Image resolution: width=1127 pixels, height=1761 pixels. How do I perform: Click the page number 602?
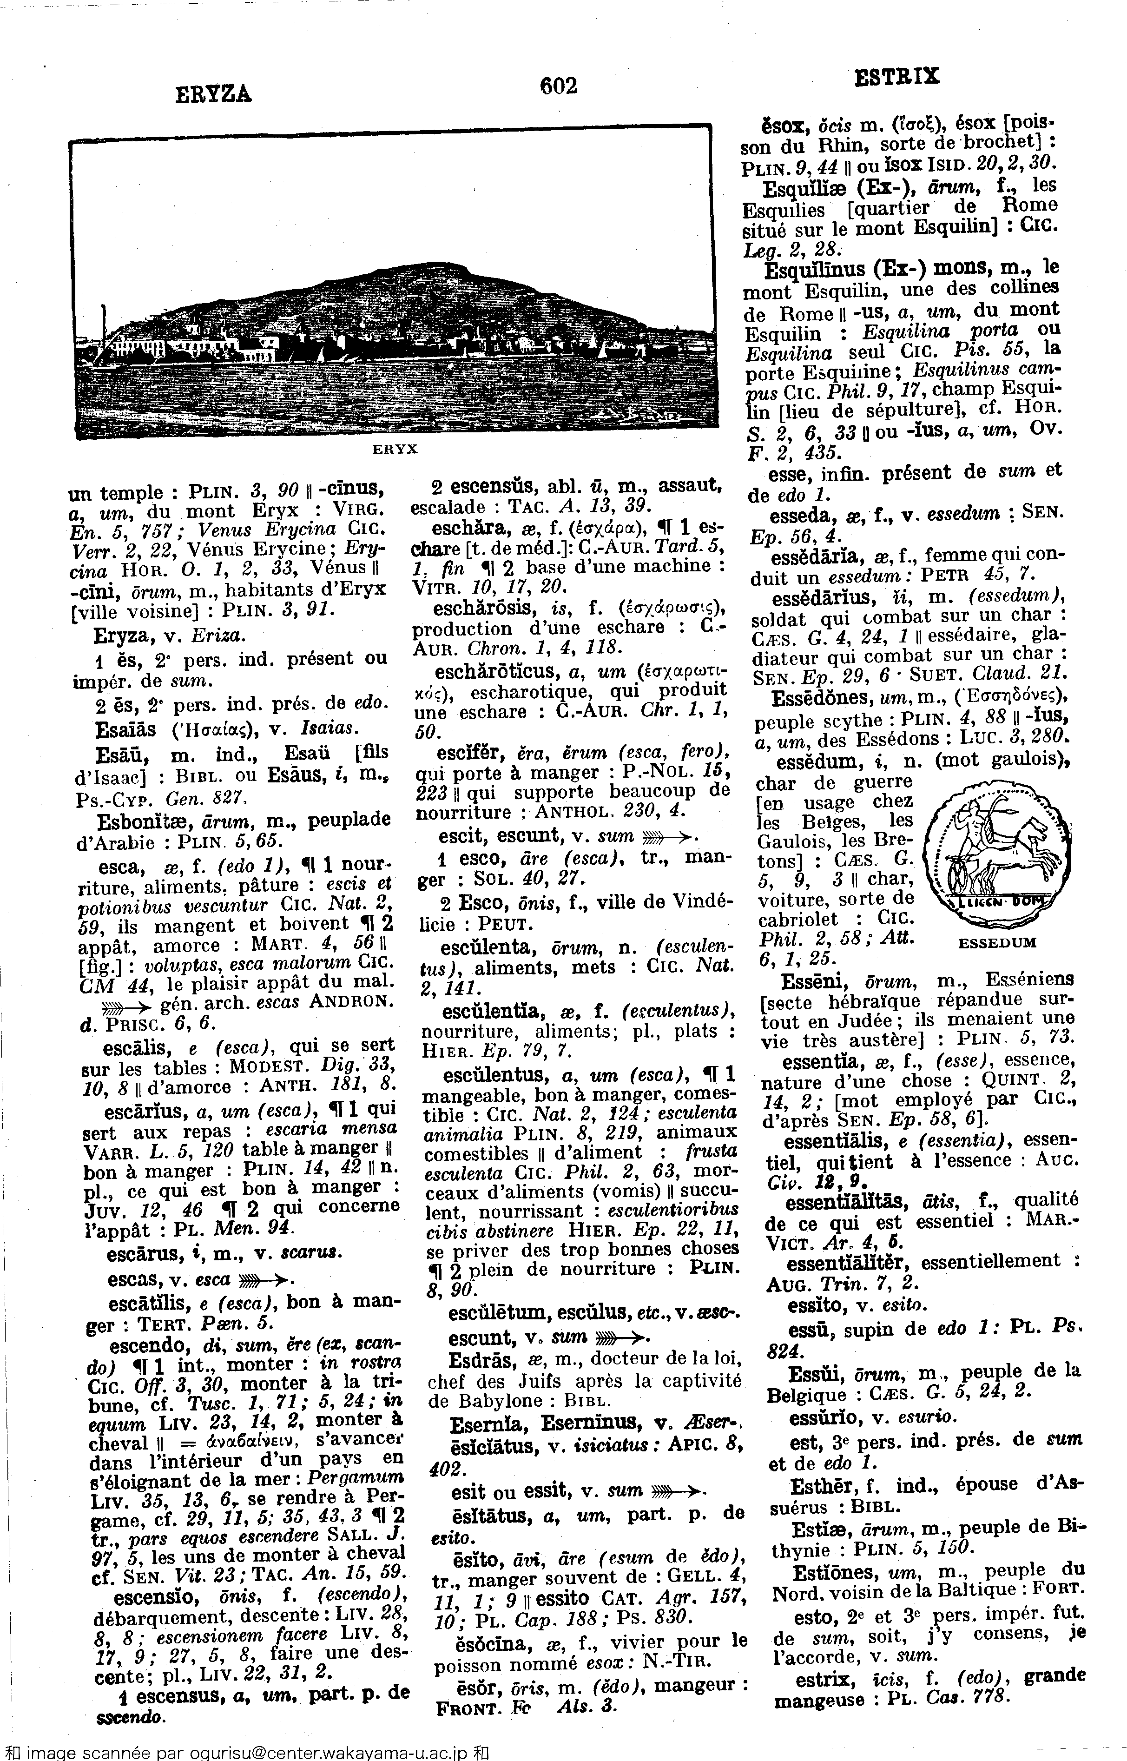(558, 86)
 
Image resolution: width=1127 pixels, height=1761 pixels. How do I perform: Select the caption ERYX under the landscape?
(395, 450)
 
